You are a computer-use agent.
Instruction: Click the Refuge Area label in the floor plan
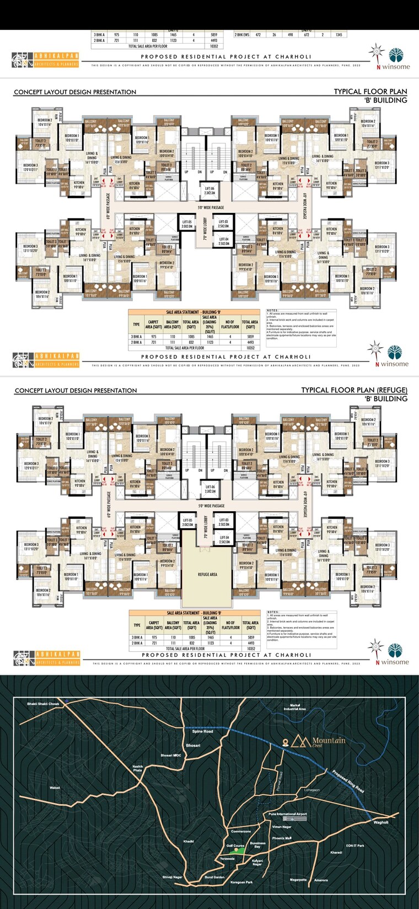[207, 575]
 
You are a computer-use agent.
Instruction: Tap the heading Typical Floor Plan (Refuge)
[354, 390]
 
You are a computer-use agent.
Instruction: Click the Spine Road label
[202, 731]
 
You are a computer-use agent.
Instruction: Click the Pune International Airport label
[288, 814]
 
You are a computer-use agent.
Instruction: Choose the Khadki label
[189, 841]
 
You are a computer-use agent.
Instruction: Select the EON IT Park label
[355, 846]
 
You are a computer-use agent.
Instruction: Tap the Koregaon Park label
[241, 882]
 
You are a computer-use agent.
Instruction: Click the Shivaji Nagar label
[172, 876]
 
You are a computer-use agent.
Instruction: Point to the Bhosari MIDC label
[171, 755]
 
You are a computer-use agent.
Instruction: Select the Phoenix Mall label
[282, 838]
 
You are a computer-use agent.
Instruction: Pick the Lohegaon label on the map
[312, 790]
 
